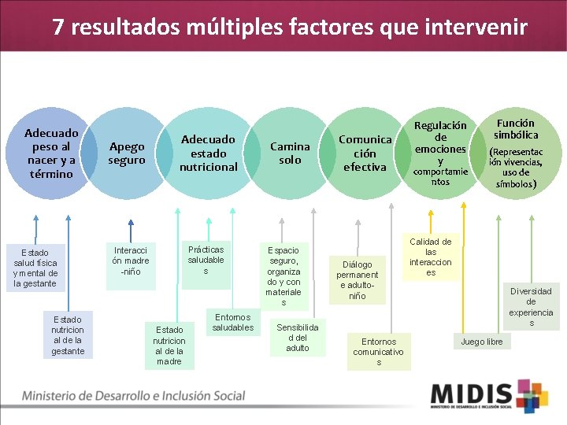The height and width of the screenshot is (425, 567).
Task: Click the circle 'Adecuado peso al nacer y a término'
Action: click(x=51, y=153)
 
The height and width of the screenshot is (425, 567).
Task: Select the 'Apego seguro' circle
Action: click(x=127, y=153)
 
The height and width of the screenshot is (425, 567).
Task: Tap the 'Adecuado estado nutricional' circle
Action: click(x=208, y=153)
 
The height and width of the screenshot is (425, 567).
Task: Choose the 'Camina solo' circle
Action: click(x=290, y=153)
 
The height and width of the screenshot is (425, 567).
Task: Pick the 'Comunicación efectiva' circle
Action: click(x=365, y=153)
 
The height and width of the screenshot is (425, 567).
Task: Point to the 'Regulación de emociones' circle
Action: click(x=440, y=153)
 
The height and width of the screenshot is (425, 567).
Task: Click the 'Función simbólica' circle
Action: click(x=516, y=153)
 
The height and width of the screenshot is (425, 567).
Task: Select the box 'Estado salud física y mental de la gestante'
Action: click(x=35, y=268)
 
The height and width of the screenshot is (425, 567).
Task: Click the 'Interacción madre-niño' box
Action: click(x=131, y=261)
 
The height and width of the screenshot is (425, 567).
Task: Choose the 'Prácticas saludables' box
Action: click(x=206, y=261)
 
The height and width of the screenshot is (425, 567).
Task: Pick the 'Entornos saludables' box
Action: click(x=233, y=322)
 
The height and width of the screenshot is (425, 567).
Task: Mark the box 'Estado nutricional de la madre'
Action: click(x=169, y=346)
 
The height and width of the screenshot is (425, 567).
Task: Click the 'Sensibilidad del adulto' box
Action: click(x=298, y=337)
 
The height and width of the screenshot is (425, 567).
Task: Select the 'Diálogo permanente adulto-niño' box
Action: click(x=358, y=279)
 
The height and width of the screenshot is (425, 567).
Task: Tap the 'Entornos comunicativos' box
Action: click(x=379, y=352)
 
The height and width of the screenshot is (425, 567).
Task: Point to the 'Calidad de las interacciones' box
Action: click(x=431, y=257)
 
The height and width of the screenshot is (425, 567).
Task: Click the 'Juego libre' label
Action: click(x=482, y=342)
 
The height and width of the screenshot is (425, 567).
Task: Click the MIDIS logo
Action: click(x=488, y=396)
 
